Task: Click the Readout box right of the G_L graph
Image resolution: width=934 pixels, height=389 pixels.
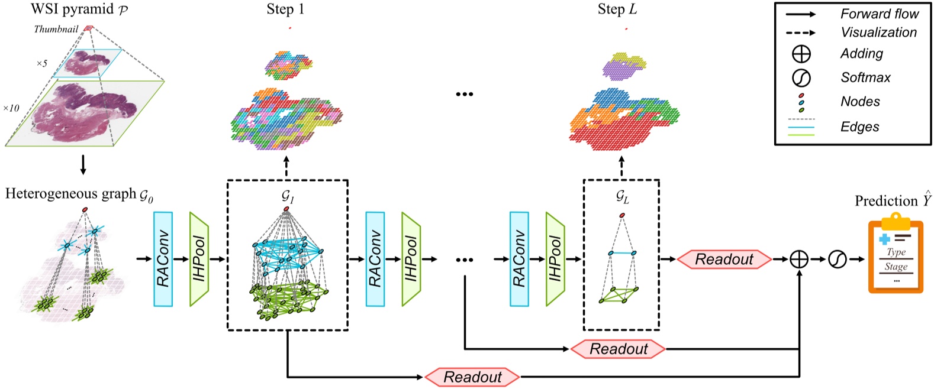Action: [724, 259]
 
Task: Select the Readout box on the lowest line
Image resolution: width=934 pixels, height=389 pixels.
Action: [472, 377]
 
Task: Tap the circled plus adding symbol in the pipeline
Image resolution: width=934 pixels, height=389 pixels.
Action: [799, 259]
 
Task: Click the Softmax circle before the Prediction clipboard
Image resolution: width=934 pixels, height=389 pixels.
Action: [837, 259]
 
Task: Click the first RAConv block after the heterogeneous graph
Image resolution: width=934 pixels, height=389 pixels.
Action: [163, 259]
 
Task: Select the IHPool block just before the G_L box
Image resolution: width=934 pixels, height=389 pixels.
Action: [555, 259]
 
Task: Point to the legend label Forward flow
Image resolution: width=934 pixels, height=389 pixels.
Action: [879, 14]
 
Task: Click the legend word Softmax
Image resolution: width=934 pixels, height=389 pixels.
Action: [865, 77]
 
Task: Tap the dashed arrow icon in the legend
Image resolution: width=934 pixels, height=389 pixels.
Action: [801, 33]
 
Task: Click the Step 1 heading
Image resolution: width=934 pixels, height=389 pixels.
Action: [285, 9]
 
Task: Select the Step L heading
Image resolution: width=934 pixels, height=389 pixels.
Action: [617, 9]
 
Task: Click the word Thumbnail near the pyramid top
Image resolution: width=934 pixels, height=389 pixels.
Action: [56, 29]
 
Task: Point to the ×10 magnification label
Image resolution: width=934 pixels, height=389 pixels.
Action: [11, 108]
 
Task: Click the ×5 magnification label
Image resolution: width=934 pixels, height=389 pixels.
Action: [41, 63]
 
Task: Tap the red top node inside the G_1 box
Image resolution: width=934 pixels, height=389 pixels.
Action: [286, 209]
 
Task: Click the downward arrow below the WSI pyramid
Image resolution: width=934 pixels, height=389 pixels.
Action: [83, 165]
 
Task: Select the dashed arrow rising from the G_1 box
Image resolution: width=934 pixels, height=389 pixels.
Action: [286, 167]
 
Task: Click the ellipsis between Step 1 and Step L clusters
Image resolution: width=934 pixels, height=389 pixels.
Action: [465, 94]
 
